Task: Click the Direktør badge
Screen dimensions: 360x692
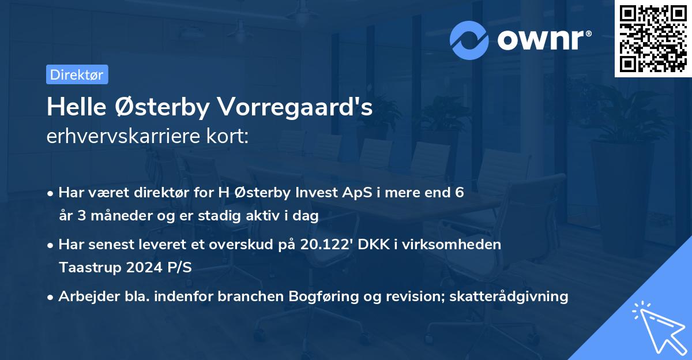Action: pos(77,74)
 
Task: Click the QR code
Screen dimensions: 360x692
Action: pos(653,39)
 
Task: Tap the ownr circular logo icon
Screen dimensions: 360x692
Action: pos(469,40)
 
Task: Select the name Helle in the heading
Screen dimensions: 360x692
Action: pos(75,107)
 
